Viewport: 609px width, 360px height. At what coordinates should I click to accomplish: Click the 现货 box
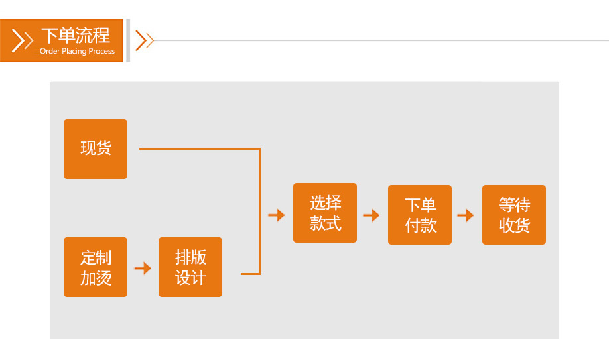(x=96, y=149)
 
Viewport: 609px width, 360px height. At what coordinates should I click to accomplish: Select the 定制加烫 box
(x=96, y=267)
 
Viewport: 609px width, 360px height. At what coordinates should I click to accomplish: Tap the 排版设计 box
(x=190, y=267)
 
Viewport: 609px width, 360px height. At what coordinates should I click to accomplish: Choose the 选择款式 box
(x=325, y=213)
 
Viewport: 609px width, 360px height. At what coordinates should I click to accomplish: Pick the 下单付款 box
(x=420, y=215)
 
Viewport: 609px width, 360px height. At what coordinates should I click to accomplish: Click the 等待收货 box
(x=514, y=215)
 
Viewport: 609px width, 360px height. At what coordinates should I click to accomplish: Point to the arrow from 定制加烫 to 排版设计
(x=143, y=268)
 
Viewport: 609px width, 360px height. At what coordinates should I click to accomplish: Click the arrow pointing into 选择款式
(x=276, y=215)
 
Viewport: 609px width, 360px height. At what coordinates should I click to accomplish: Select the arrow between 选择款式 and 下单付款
(x=372, y=215)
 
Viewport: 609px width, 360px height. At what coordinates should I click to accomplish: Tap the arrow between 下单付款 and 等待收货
(x=466, y=215)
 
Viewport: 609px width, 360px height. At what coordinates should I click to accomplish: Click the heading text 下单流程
(x=76, y=35)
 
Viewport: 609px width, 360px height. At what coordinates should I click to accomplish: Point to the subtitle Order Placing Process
(x=77, y=52)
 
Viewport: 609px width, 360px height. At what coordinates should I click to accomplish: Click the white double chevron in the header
(x=22, y=41)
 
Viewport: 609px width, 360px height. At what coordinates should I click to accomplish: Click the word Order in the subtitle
(x=49, y=52)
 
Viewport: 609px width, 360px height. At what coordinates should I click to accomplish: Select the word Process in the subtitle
(x=102, y=52)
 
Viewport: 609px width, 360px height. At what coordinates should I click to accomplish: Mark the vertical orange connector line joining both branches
(x=259, y=211)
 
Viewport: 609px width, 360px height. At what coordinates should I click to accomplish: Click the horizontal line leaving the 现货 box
(x=199, y=149)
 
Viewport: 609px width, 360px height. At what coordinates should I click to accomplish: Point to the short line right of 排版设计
(x=250, y=273)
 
